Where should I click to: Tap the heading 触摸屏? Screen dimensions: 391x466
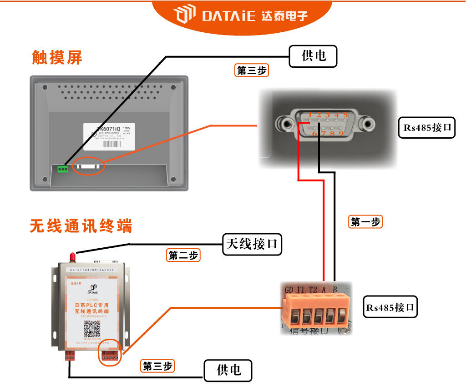57,57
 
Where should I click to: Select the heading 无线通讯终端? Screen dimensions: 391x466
81,226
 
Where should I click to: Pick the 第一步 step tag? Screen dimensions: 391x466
365,222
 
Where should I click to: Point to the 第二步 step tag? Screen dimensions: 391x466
183,256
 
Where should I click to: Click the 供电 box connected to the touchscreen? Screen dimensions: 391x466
314,56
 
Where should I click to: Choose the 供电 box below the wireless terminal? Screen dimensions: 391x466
228,371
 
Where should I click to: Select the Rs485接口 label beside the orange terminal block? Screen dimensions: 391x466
391,308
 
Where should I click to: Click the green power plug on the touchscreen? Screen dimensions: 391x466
63,169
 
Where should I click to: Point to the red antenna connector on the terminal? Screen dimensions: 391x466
72,257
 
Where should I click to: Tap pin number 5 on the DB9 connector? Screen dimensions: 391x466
345,115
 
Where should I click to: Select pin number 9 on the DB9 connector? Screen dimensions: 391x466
341,133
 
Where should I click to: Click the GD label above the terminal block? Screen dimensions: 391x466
289,290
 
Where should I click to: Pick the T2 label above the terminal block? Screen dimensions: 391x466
313,290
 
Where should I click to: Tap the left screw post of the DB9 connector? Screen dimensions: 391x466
286,122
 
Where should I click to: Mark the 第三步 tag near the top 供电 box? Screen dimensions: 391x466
252,70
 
